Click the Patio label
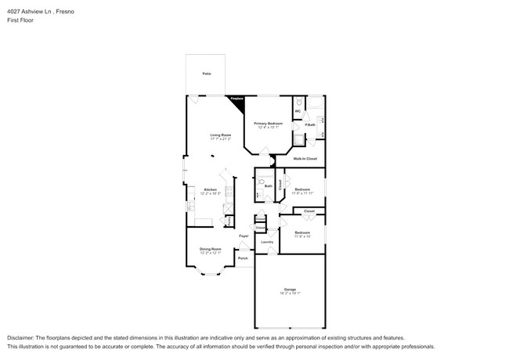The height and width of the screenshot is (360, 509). click(207, 74)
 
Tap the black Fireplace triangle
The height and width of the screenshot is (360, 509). click(237, 100)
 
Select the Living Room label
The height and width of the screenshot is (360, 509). click(220, 135)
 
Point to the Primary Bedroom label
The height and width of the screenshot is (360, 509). click(268, 124)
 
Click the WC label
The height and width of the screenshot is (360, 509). click(298, 112)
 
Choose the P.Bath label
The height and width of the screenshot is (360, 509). click(310, 124)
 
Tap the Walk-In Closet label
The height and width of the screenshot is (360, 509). click(305, 159)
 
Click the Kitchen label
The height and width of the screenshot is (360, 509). click(210, 189)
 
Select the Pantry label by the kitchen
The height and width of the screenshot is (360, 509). click(228, 221)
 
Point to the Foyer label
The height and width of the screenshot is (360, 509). click(244, 236)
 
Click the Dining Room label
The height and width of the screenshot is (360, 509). click(210, 249)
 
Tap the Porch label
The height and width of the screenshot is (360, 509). click(243, 257)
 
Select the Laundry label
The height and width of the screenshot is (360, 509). click(266, 243)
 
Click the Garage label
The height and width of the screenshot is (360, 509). click(290, 290)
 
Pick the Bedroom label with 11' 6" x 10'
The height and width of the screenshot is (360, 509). click(302, 232)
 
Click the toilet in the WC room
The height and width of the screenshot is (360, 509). click(298, 103)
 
